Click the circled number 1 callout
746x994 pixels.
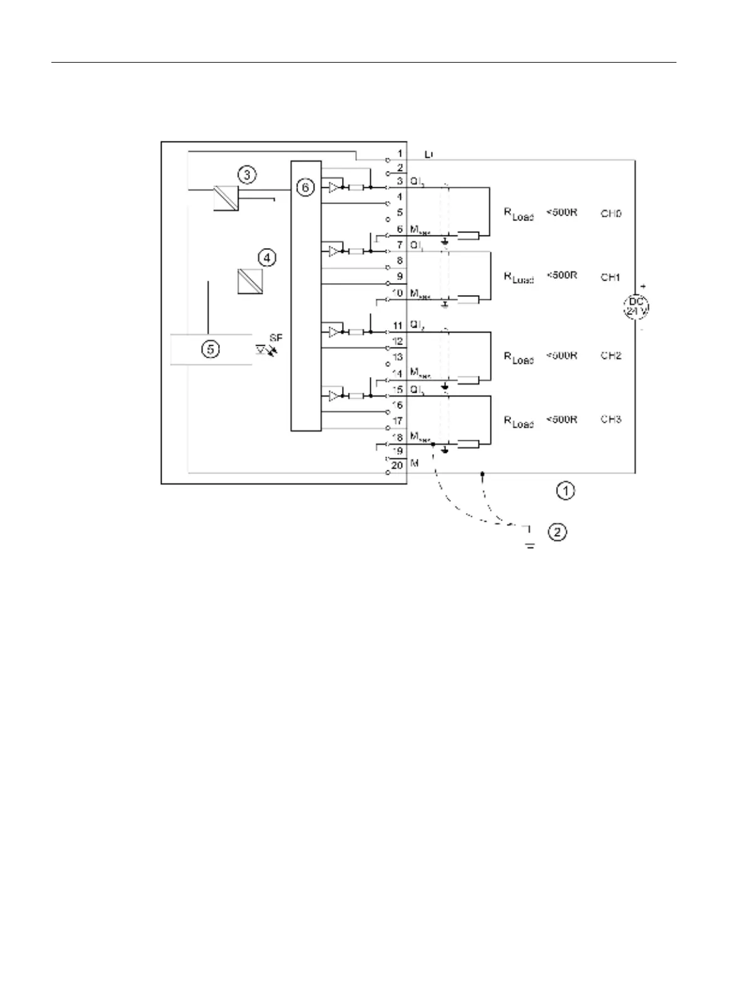tap(566, 490)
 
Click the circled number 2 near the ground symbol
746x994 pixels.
tap(557, 532)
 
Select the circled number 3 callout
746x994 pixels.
tap(247, 175)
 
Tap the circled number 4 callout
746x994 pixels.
tap(267, 257)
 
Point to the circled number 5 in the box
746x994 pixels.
tap(210, 349)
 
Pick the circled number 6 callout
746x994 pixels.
tap(305, 187)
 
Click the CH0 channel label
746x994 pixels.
tap(611, 214)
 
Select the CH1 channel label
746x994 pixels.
tap(611, 277)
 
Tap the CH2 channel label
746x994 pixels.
tap(611, 356)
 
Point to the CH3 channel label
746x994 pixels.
tap(611, 419)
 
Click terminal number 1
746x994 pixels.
tap(399, 153)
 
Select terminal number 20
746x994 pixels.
tap(397, 465)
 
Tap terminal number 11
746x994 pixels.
tap(398, 326)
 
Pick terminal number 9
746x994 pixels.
tap(399, 277)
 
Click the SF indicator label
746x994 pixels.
tap(276, 338)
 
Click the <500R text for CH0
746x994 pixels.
tap(562, 212)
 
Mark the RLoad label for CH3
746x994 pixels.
tap(519, 422)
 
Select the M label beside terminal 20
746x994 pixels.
tap(414, 465)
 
